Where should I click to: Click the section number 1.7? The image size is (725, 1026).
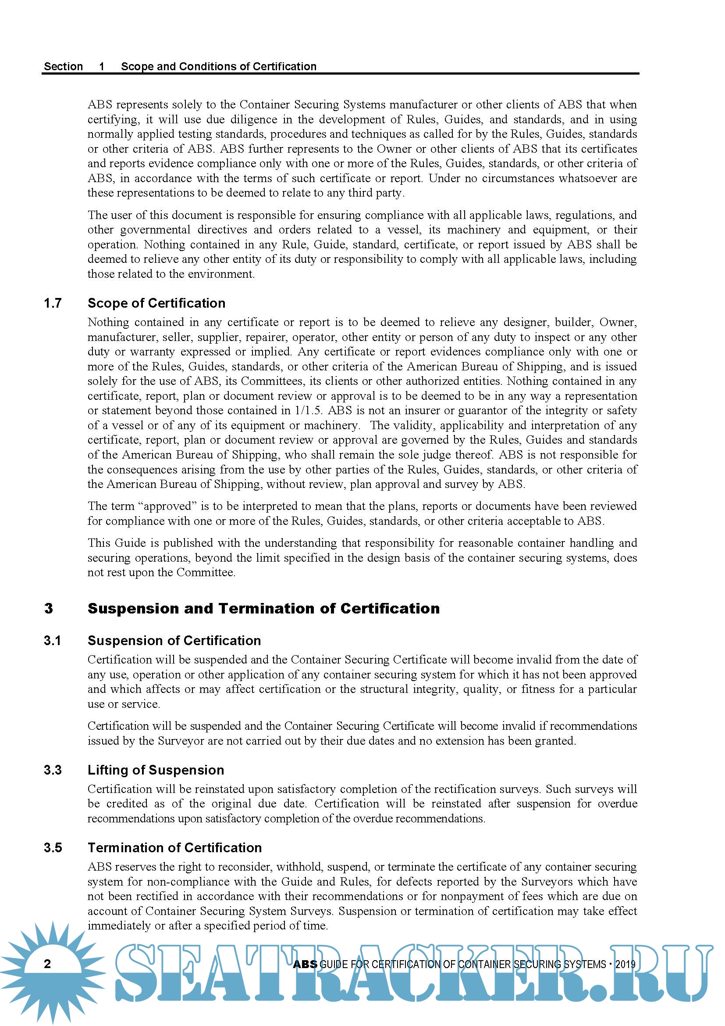click(53, 303)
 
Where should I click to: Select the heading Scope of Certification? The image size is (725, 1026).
click(156, 303)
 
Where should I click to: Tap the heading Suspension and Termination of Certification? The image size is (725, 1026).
click(263, 609)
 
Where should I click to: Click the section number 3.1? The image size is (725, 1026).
click(52, 641)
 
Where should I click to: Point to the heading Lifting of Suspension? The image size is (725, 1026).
click(156, 770)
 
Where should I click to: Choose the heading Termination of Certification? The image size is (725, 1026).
click(174, 848)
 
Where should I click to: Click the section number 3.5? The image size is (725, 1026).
click(53, 848)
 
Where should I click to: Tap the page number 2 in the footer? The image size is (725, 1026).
click(48, 964)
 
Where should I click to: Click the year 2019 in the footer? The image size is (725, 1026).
click(625, 964)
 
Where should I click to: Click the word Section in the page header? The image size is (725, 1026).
click(64, 67)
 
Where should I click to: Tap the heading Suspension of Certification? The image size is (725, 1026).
click(174, 641)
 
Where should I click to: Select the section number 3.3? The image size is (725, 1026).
click(53, 770)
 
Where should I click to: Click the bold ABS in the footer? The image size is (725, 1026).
click(305, 964)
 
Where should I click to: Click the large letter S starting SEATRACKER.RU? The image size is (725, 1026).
click(139, 973)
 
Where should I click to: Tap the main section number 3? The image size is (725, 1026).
click(49, 609)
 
